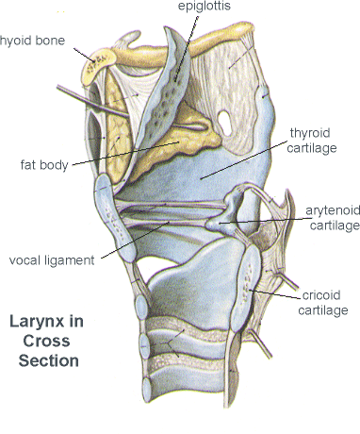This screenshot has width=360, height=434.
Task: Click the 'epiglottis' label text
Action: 205,7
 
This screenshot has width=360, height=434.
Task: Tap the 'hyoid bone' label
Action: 32,41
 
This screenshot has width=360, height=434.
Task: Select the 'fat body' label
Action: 44,165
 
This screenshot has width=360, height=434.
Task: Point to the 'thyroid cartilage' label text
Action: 311,141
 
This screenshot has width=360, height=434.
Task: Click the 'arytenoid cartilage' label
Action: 334,218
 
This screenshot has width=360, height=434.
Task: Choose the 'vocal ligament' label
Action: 52,260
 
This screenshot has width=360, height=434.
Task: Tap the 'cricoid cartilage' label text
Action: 323,303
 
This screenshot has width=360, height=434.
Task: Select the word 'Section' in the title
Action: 49,360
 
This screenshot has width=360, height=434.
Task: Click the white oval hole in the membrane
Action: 224,123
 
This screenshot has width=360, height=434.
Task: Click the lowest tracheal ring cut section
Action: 147,390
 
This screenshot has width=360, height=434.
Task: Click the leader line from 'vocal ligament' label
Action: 136,240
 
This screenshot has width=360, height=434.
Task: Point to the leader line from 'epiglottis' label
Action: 187,48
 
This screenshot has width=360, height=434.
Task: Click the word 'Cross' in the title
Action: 46,342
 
